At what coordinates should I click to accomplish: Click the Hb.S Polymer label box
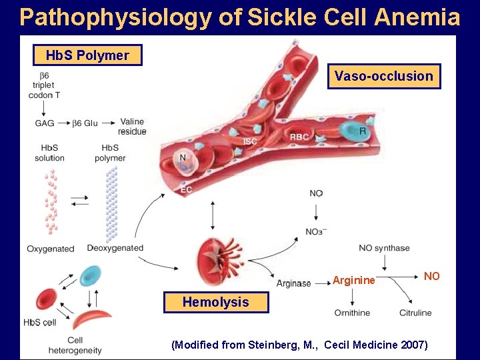click(87, 55)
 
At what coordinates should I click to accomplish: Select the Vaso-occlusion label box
click(383, 77)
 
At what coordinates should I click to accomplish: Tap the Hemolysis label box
click(215, 303)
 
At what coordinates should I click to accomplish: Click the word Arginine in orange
click(353, 281)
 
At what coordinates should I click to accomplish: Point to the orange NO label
click(431, 276)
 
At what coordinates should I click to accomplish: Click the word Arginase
click(293, 283)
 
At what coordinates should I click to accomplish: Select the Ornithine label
click(352, 313)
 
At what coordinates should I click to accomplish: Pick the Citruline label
click(415, 313)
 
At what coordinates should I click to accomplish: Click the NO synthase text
click(384, 248)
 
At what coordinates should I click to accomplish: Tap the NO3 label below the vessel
click(315, 231)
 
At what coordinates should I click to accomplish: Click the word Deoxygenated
click(115, 248)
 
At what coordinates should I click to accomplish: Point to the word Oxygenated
click(51, 249)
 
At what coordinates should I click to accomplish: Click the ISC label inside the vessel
click(250, 141)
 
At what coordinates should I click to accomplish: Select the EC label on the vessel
click(187, 190)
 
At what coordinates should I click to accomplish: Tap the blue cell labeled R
click(353, 131)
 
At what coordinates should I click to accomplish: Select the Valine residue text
click(133, 127)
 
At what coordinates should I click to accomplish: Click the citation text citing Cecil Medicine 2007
click(299, 345)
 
